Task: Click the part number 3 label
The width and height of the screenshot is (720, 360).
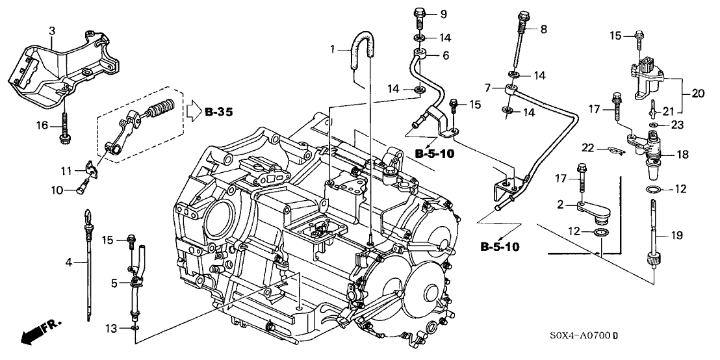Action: pos(52,30)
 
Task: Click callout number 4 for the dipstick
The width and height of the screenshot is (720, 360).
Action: pos(69,262)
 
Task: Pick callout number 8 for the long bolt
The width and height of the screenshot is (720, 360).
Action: pos(544,29)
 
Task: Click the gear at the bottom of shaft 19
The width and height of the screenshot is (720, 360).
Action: pos(652,262)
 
